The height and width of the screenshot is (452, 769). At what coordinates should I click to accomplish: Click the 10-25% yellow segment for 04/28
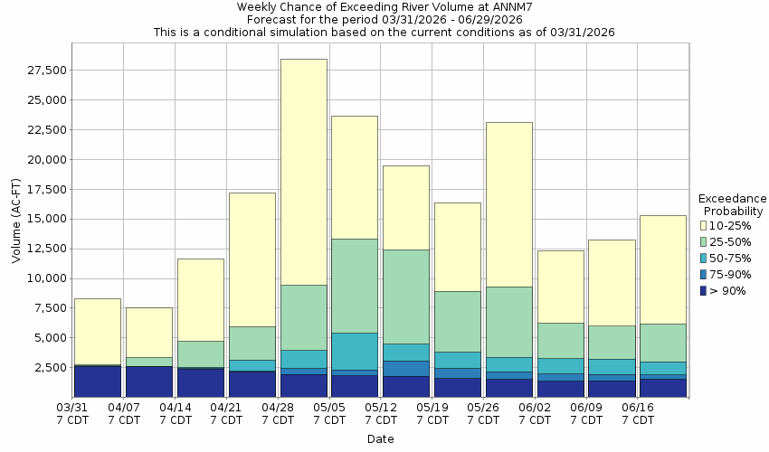point(303,172)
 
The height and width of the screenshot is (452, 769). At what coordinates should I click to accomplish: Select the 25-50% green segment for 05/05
point(355,286)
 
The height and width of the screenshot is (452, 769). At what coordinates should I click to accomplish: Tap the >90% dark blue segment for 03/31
point(98,381)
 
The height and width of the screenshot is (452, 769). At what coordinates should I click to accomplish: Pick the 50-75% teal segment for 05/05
point(355,351)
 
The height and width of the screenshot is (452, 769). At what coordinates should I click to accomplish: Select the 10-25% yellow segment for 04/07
point(149,332)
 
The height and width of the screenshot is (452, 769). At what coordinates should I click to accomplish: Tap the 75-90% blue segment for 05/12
point(406,368)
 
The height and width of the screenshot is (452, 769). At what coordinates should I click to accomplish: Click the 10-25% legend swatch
point(705,225)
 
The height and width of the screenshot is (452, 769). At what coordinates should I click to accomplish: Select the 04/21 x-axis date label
point(226,414)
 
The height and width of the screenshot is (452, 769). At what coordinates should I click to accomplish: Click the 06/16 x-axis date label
point(637,414)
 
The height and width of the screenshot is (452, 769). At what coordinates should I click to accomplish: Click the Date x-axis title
point(380,439)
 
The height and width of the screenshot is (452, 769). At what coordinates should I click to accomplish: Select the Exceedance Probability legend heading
point(733,204)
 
